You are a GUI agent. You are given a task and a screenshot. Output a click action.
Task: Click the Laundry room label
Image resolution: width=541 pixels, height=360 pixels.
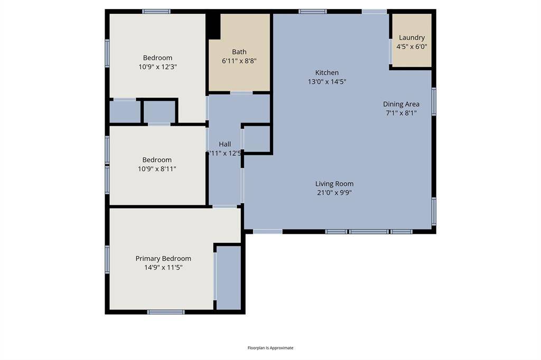coord(412,37)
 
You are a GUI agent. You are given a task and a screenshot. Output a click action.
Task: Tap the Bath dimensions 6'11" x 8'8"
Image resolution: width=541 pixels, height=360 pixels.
coord(239,61)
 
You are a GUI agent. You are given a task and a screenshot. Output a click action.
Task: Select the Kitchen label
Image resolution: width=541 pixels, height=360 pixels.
coord(327,72)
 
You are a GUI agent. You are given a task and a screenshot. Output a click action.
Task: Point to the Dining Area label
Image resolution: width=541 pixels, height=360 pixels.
coord(401,104)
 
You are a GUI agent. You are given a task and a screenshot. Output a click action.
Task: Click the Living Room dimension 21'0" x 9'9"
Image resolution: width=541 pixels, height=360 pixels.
coord(334,193)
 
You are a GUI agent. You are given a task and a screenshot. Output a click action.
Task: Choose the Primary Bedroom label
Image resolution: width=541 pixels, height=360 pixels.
coord(163,259)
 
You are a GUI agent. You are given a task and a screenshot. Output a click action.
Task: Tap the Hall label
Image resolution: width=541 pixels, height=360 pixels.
coord(225,144)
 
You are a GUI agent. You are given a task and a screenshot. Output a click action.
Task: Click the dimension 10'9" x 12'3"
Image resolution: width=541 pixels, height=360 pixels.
coord(157,67)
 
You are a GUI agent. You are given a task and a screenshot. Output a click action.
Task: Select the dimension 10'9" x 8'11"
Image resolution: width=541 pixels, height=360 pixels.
coord(157,169)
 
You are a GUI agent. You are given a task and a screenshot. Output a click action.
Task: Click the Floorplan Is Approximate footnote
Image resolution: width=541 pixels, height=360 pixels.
coord(270,348)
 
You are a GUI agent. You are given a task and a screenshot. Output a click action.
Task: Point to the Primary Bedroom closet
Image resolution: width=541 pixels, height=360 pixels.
coord(229,278)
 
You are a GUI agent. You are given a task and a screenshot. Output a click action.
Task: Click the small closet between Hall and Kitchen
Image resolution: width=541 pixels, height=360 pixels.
coord(257,139)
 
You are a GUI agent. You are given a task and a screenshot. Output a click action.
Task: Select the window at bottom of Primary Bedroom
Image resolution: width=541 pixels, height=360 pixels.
coord(166,312)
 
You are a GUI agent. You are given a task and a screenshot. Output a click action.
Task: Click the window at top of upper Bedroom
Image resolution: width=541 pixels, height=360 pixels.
coord(156,11)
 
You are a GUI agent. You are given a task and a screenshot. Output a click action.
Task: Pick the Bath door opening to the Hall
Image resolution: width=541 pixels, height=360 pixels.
coord(241,93)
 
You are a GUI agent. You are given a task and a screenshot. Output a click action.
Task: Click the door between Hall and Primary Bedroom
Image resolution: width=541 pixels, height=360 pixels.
coord(225,206)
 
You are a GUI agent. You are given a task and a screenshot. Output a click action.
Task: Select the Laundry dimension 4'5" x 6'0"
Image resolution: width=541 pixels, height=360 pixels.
coord(412,46)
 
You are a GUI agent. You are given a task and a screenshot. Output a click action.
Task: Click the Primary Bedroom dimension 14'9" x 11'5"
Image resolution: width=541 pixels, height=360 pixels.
coord(163,268)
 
